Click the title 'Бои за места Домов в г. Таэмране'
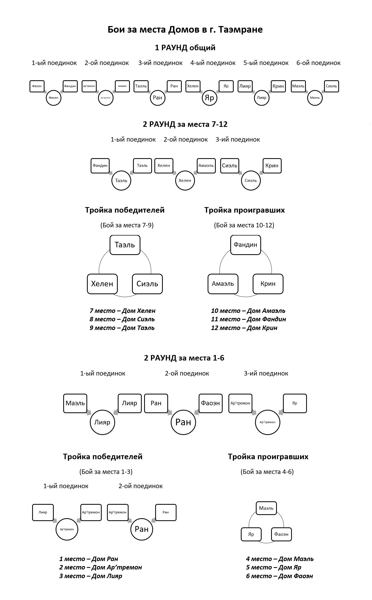[x=185, y=29]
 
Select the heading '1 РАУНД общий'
[x=185, y=48]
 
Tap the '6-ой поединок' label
[x=318, y=63]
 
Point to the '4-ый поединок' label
[x=213, y=63]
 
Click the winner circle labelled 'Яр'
[x=209, y=98]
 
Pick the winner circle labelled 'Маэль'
[x=315, y=98]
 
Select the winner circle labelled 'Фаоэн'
[x=53, y=98]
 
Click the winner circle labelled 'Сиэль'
[x=251, y=181]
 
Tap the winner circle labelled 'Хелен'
[x=185, y=181]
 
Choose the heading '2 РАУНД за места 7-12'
[x=185, y=124]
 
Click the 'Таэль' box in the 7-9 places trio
[x=125, y=245]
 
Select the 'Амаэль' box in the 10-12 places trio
[x=223, y=284]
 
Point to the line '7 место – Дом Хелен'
[x=123, y=311]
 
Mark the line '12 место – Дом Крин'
[x=244, y=328]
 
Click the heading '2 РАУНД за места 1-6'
[x=184, y=358]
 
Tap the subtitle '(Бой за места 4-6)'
[x=267, y=472]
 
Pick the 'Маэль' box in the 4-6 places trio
[x=266, y=508]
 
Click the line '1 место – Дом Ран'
[x=89, y=559]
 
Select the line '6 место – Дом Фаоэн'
[x=280, y=576]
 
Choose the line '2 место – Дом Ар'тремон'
[x=101, y=567]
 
